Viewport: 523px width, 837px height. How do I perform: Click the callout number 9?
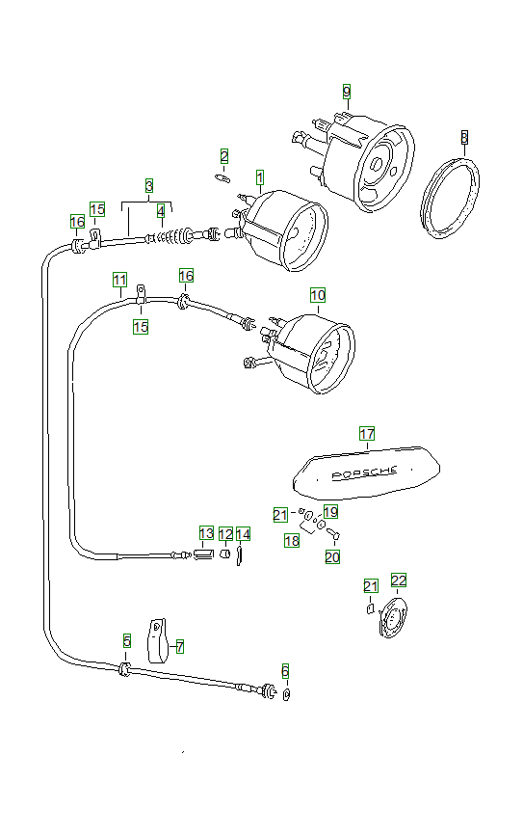click(347, 92)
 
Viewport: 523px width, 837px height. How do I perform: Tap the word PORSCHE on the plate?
click(363, 473)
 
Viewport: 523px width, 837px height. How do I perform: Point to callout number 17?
click(366, 434)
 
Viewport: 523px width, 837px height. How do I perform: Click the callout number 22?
click(398, 580)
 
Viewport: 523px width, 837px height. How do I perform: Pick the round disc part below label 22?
click(391, 618)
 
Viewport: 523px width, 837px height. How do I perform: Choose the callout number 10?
click(318, 294)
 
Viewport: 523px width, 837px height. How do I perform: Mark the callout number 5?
click(126, 640)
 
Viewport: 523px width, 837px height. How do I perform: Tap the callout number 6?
click(284, 670)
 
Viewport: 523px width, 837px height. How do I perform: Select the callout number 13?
click(206, 533)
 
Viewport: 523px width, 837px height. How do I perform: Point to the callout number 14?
click(243, 533)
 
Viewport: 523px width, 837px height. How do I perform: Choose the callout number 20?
click(332, 556)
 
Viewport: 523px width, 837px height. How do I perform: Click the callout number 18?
click(292, 542)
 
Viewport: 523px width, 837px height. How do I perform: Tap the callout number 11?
click(119, 280)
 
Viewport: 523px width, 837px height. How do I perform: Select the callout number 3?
click(148, 184)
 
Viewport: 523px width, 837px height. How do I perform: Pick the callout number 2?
click(223, 155)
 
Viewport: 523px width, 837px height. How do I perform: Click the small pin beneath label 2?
click(221, 176)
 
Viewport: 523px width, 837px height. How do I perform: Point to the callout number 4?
click(161, 209)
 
